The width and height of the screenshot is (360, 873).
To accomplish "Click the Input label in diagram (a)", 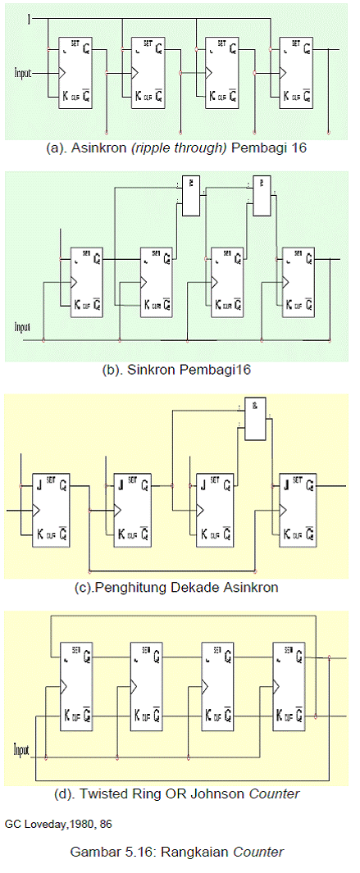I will [23, 73].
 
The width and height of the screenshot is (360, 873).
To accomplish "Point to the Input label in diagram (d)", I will [22, 749].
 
